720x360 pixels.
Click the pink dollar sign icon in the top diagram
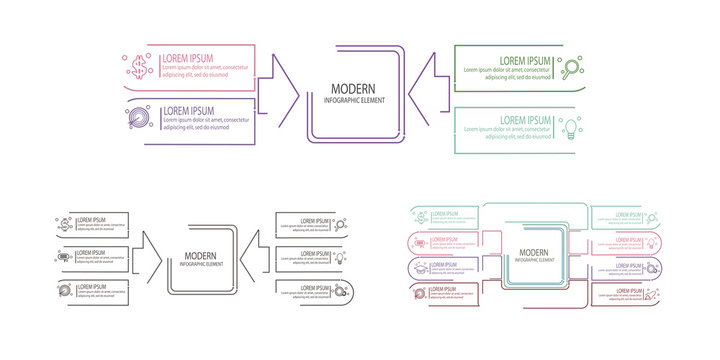click(x=138, y=68)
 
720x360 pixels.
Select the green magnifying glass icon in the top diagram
click(x=572, y=69)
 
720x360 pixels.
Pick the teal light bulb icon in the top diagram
click(x=572, y=127)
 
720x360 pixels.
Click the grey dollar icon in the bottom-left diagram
click(x=64, y=224)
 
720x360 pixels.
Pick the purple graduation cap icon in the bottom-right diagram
click(x=421, y=269)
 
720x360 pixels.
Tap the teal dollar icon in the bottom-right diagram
click(x=422, y=216)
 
